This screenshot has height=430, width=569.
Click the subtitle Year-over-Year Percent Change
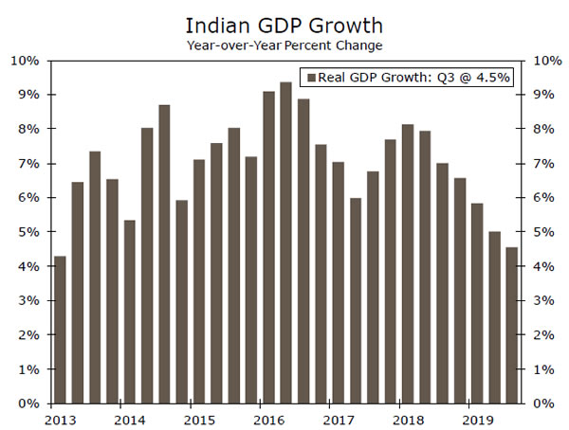click(284, 44)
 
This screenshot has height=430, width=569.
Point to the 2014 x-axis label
click(130, 418)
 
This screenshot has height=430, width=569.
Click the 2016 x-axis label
click(269, 418)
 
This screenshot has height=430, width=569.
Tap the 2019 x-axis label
click(477, 418)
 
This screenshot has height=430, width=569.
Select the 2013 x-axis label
click(61, 418)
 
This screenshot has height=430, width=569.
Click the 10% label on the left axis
click(26, 61)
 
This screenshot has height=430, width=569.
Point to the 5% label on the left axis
click(28, 232)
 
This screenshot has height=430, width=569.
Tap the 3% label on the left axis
click(28, 301)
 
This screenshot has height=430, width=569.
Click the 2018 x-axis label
click(408, 418)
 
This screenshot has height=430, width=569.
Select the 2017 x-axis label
click(339, 418)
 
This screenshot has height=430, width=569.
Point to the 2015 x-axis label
click(199, 418)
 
